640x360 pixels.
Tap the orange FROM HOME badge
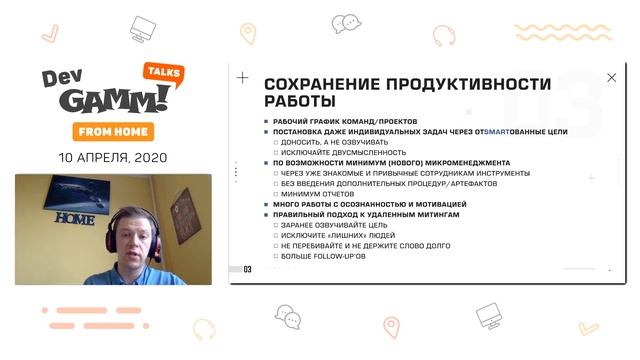point(111,131)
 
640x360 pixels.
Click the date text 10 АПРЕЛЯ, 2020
point(112,157)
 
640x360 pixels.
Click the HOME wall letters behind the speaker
point(74,218)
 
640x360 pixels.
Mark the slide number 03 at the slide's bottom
point(247,269)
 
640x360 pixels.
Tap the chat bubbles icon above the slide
point(346,23)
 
